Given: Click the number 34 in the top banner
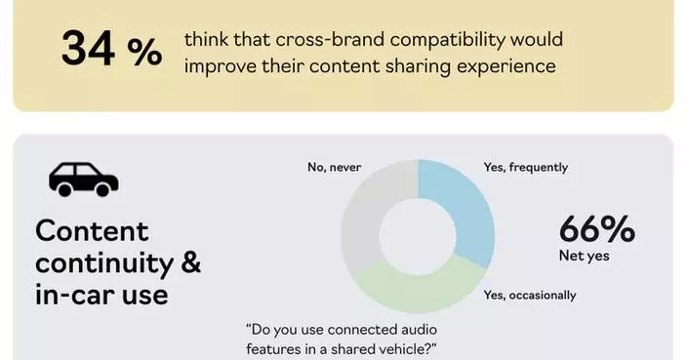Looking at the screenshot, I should pyautogui.click(x=89, y=49).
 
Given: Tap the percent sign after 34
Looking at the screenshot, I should pyautogui.click(x=144, y=52).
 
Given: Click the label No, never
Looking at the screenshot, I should pyautogui.click(x=334, y=167).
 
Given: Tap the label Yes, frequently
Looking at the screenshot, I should pyautogui.click(x=525, y=167).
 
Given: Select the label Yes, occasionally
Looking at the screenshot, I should pyautogui.click(x=530, y=295).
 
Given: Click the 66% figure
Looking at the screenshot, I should pyautogui.click(x=596, y=230).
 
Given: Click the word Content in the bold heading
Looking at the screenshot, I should pyautogui.click(x=92, y=231).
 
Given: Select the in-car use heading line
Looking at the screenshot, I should pyautogui.click(x=101, y=293).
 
